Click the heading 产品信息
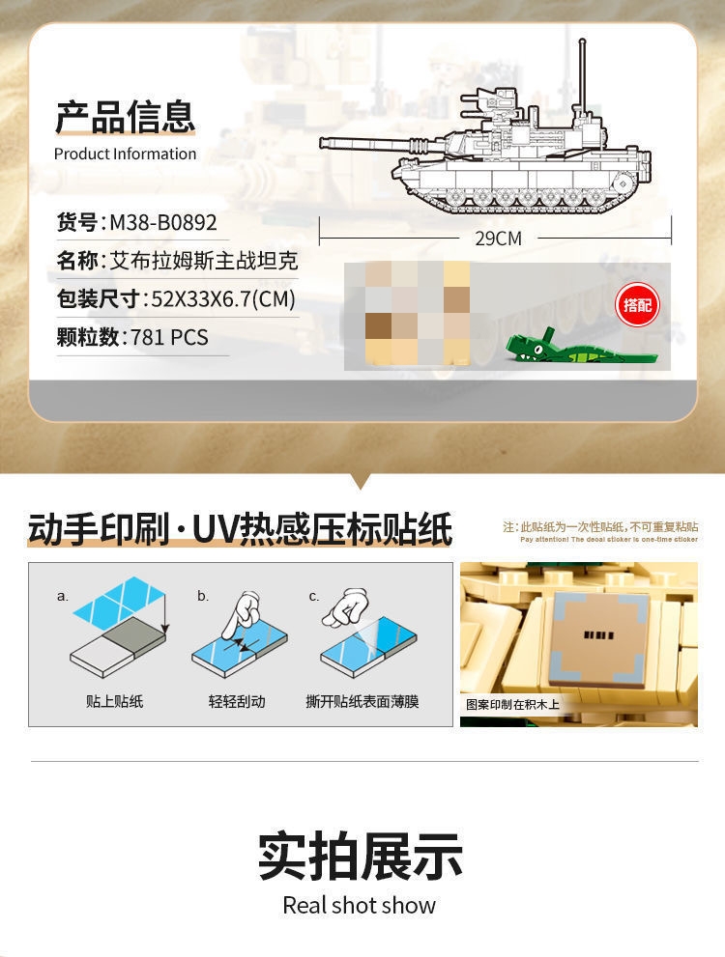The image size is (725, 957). click(x=125, y=116)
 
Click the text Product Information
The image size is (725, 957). click(x=125, y=154)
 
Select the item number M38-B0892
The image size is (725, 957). click(x=162, y=223)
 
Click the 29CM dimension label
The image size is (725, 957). click(x=498, y=238)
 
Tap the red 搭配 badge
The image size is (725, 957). click(x=637, y=306)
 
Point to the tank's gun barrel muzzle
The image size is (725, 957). click(x=325, y=142)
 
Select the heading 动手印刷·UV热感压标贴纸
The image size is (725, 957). click(x=240, y=530)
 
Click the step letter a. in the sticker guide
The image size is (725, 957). click(x=63, y=596)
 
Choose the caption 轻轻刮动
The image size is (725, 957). click(x=236, y=701)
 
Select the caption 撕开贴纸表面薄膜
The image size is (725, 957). click(x=362, y=701)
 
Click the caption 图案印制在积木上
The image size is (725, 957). click(x=512, y=705)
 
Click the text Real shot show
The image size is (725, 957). click(x=360, y=906)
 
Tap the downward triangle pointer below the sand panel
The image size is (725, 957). click(x=362, y=480)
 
